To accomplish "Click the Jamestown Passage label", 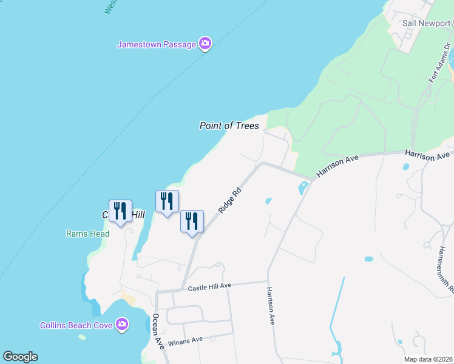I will click(156, 44).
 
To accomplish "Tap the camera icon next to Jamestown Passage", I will click(205, 44).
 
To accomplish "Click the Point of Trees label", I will click(229, 126).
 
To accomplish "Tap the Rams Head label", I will click(88, 234).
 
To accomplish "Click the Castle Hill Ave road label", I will click(209, 286).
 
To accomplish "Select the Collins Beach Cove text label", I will click(76, 325).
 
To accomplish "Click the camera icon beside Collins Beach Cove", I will click(122, 325).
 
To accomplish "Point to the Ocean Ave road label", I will click(158, 331).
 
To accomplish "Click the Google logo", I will click(20, 357).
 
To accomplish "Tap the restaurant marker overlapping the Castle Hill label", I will click(120, 211).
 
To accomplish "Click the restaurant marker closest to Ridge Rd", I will click(192, 221).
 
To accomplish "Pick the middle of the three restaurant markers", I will click(167, 201).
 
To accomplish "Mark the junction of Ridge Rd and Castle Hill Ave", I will click(183, 288).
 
